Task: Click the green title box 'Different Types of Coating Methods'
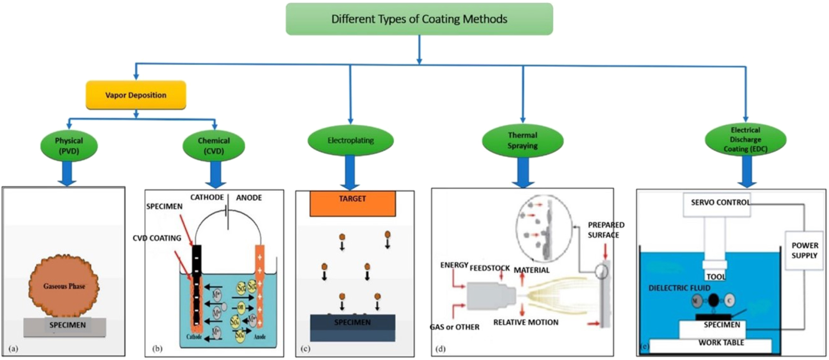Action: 419,19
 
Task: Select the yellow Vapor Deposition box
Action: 136,95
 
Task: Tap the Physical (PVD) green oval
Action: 69,146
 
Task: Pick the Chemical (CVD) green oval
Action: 214,146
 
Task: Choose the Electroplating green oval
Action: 350,140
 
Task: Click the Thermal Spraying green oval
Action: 522,140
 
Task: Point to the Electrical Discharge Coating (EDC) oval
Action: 745,140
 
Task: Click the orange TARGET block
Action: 352,203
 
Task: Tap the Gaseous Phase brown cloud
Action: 64,286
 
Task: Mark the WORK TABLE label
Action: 721,343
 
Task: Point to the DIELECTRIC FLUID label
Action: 679,288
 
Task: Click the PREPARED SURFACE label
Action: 605,230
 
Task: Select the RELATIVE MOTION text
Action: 525,322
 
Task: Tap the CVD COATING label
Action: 157,238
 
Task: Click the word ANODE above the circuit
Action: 249,198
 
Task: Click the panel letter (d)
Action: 441,348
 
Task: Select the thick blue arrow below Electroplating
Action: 350,172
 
